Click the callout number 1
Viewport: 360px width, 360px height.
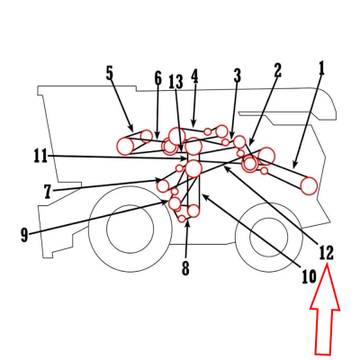(x=321, y=68)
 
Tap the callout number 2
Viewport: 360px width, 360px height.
(x=277, y=70)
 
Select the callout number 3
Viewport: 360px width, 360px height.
(x=238, y=75)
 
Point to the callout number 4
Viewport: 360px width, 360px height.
(x=194, y=76)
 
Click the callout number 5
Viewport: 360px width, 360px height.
(x=110, y=74)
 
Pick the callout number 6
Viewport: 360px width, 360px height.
(x=158, y=78)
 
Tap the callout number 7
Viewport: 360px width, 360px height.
(x=48, y=192)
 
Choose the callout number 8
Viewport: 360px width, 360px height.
(x=185, y=268)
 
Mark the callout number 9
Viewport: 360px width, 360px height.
(x=24, y=235)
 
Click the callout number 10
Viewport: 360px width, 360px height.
(x=309, y=276)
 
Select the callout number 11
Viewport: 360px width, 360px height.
(x=40, y=157)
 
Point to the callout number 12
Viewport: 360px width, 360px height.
(x=326, y=252)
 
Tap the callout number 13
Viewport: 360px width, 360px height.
(x=175, y=81)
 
